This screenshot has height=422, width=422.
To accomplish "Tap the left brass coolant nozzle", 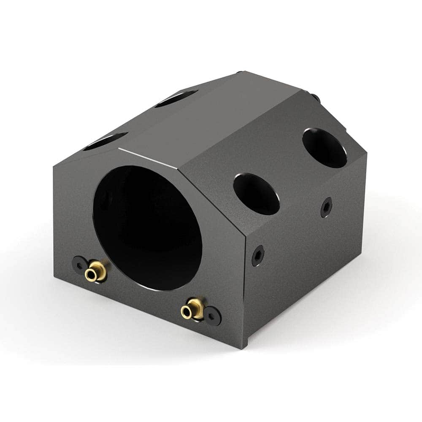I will pos(96,271).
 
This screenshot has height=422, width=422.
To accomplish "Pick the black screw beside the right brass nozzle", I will pos(212,316).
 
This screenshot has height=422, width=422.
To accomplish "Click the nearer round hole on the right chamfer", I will pos(256,194).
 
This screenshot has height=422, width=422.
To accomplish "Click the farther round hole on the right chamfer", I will pos(325,147).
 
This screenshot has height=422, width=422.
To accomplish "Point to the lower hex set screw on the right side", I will pos(258,256).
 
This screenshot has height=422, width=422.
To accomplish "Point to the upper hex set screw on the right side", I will pos(326,207).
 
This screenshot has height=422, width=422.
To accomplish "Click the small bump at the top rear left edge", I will pos(239,73).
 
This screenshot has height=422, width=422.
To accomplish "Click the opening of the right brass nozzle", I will pos(186,313).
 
